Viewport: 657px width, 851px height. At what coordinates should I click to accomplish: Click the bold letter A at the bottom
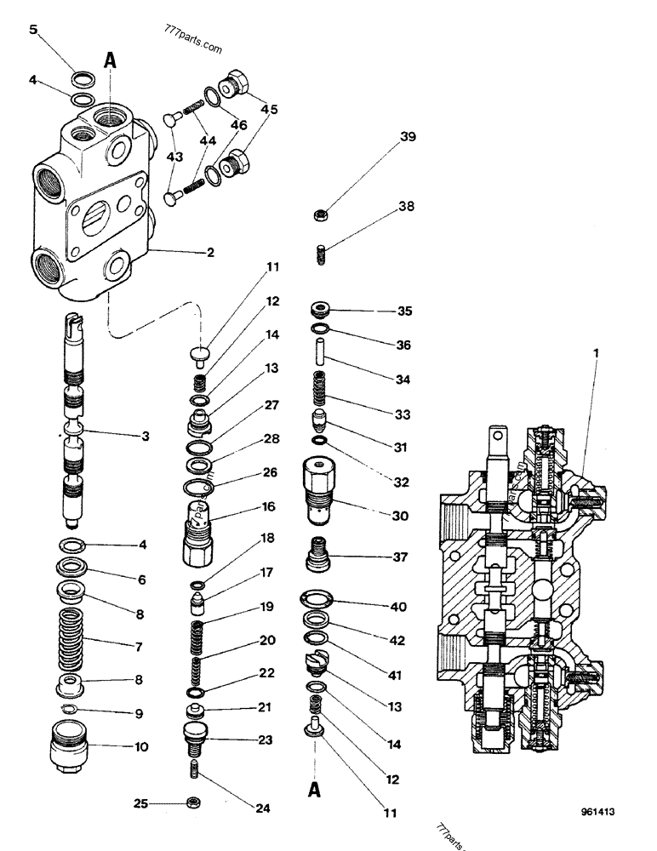click(x=314, y=791)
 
